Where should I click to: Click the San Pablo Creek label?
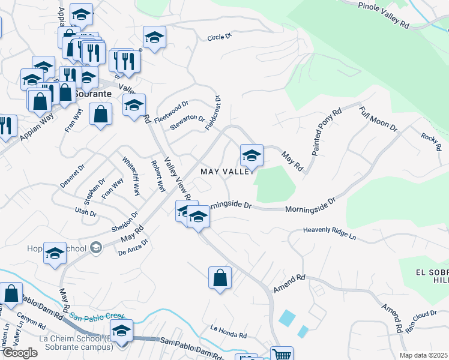[x=96, y=316]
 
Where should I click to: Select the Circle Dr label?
[x=219, y=37]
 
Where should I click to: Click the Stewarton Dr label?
[x=187, y=122]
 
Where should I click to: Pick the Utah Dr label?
[x=86, y=211]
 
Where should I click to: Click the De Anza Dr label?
[x=133, y=247]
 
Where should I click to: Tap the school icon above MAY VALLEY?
[x=252, y=156]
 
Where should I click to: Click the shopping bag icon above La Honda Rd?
[x=220, y=278]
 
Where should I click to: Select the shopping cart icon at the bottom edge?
[x=281, y=354]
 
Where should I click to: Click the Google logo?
[x=19, y=353]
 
